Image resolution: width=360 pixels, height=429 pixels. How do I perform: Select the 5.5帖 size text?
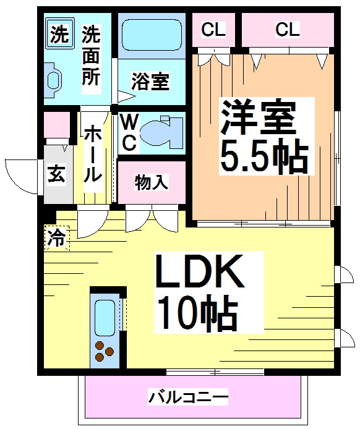click(262, 158)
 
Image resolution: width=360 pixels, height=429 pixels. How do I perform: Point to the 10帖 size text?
click(196, 313)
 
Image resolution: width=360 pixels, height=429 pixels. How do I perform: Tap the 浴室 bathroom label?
click(151, 82)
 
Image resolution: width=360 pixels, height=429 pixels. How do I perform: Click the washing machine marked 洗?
click(58, 35)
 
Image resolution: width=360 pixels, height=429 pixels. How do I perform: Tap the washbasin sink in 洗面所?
click(53, 78)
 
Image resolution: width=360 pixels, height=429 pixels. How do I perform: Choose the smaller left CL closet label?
click(213, 28)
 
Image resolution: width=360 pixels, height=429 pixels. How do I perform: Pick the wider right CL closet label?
click(287, 28)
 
